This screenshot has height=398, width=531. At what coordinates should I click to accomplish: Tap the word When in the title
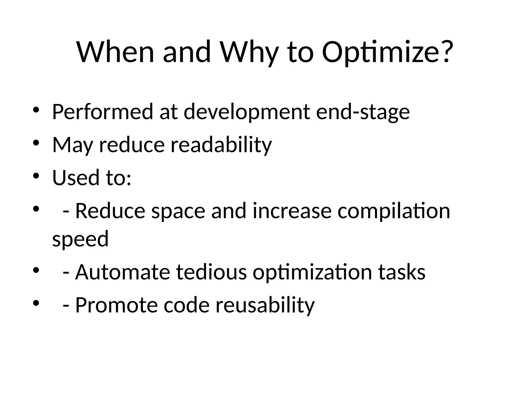[x=115, y=52]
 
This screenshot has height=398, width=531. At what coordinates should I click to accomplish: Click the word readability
[x=221, y=145]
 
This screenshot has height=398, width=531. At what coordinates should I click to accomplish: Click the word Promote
[x=116, y=305]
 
